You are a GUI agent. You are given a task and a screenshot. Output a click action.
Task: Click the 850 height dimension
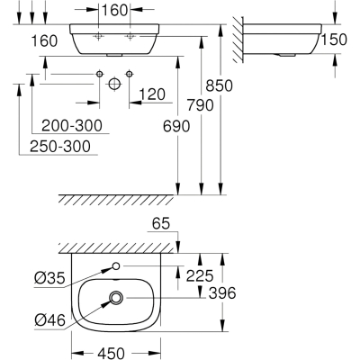tap(219, 85)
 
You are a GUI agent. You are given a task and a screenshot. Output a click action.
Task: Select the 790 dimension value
tap(201, 105)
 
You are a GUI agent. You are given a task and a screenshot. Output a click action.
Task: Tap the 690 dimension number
tap(176, 126)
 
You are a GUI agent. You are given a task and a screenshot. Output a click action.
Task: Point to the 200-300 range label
tap(72, 125)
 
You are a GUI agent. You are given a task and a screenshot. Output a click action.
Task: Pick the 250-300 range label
tap(60, 147)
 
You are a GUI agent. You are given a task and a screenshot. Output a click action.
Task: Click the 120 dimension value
tap(152, 94)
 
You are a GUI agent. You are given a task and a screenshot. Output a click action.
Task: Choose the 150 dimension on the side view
tap(334, 40)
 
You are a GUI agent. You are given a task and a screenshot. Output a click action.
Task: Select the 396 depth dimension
tap(222, 292)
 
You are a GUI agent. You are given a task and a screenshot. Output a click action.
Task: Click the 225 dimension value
tap(200, 275)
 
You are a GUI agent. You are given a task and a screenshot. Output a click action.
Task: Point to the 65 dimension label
tap(161, 224)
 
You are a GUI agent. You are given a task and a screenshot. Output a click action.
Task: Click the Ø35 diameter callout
tap(49, 279)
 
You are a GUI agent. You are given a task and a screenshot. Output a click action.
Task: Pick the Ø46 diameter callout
tap(49, 320)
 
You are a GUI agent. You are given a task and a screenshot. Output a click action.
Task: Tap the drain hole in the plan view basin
tap(116, 298)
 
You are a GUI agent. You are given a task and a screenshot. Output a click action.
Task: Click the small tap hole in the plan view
tap(116, 265)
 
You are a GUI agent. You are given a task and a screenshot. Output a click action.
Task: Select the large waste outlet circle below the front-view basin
tap(114, 84)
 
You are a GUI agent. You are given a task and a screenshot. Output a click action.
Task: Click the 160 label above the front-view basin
tap(114, 11)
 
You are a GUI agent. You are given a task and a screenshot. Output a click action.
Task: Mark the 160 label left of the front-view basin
tap(44, 40)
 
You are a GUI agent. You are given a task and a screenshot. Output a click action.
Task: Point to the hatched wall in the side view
tap(238, 40)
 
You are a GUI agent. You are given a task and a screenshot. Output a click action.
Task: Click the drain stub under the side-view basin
tap(287, 55)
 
